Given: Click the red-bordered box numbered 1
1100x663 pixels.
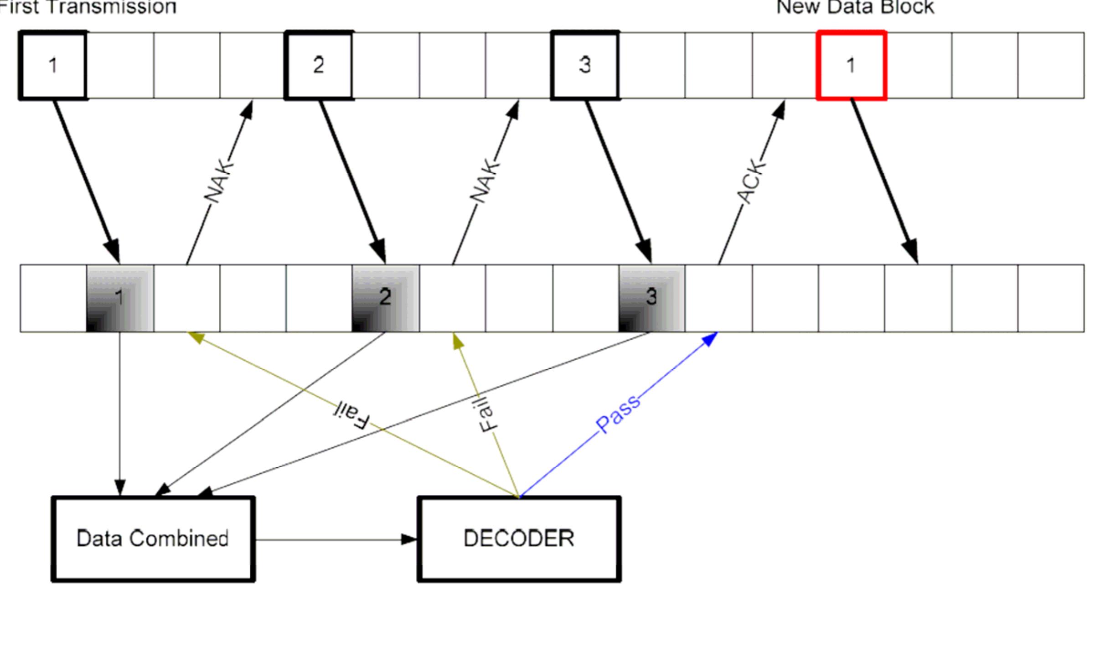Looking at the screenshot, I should click(x=851, y=65).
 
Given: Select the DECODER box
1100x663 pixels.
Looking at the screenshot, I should click(x=519, y=539).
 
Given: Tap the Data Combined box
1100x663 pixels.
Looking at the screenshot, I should click(x=153, y=539).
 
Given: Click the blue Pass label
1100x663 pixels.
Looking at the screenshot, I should click(x=618, y=414).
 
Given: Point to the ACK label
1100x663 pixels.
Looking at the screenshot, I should click(x=751, y=181).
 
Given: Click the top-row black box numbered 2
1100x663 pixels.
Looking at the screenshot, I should click(x=319, y=65).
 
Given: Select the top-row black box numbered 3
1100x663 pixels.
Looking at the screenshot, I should click(x=585, y=65).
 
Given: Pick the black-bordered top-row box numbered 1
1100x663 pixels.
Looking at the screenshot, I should click(x=53, y=65).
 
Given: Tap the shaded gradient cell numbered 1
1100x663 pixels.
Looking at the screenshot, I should click(x=120, y=298).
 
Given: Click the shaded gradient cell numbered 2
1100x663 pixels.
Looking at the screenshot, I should click(x=386, y=298).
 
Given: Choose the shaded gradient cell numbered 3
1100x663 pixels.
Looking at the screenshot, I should click(x=651, y=298).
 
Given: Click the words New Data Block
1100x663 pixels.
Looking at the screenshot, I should click(x=855, y=7).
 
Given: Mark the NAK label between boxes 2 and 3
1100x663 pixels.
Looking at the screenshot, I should click(x=485, y=181).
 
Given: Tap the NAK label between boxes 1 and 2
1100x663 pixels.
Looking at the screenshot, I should click(x=219, y=181).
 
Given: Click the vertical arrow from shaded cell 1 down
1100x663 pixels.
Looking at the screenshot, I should click(x=120, y=410).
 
